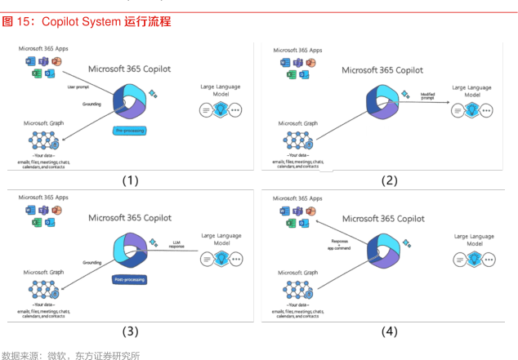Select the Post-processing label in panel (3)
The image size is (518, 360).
(130, 279)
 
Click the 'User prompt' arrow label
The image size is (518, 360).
(77, 86)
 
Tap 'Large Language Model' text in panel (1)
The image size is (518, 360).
(220, 90)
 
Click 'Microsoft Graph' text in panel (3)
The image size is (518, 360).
(44, 272)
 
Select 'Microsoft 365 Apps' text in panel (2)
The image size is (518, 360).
(297, 51)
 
